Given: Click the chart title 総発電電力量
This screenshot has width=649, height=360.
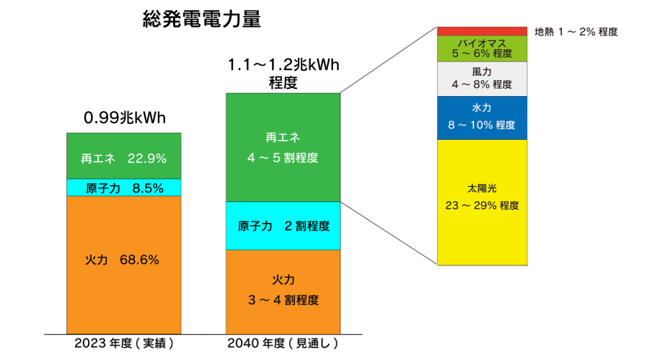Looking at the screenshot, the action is [202, 19].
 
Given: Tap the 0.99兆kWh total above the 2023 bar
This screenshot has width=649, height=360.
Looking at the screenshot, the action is [125, 118].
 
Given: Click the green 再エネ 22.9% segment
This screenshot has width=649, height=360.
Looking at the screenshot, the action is [124, 156].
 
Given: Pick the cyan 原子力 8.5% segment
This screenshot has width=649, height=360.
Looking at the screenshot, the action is [124, 188].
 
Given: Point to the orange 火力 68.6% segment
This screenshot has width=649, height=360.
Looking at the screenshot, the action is [124, 265].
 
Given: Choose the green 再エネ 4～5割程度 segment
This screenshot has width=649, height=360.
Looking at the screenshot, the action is [283, 147].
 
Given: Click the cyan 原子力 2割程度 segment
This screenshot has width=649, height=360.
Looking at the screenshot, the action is [283, 226].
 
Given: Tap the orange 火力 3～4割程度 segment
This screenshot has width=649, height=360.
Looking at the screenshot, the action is [283, 291].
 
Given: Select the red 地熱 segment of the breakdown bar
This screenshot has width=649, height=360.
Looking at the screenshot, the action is [482, 32].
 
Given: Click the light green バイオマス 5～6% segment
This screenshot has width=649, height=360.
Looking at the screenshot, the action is [482, 49].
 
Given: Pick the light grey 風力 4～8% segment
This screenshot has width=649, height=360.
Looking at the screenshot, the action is [482, 79].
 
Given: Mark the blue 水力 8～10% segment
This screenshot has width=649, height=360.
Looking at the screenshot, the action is [482, 118].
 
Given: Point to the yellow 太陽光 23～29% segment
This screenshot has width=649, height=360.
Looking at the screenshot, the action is [482, 202].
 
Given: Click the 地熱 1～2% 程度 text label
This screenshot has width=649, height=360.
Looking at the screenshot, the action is [576, 32].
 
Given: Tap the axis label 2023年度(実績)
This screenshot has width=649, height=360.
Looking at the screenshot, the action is [124, 343].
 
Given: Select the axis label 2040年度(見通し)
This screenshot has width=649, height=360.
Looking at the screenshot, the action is [283, 343].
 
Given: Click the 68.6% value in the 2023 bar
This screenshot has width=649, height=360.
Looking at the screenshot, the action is [139, 260].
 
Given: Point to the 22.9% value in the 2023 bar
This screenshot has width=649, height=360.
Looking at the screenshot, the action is [147, 158].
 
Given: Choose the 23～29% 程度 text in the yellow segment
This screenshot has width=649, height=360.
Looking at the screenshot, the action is [482, 206].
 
